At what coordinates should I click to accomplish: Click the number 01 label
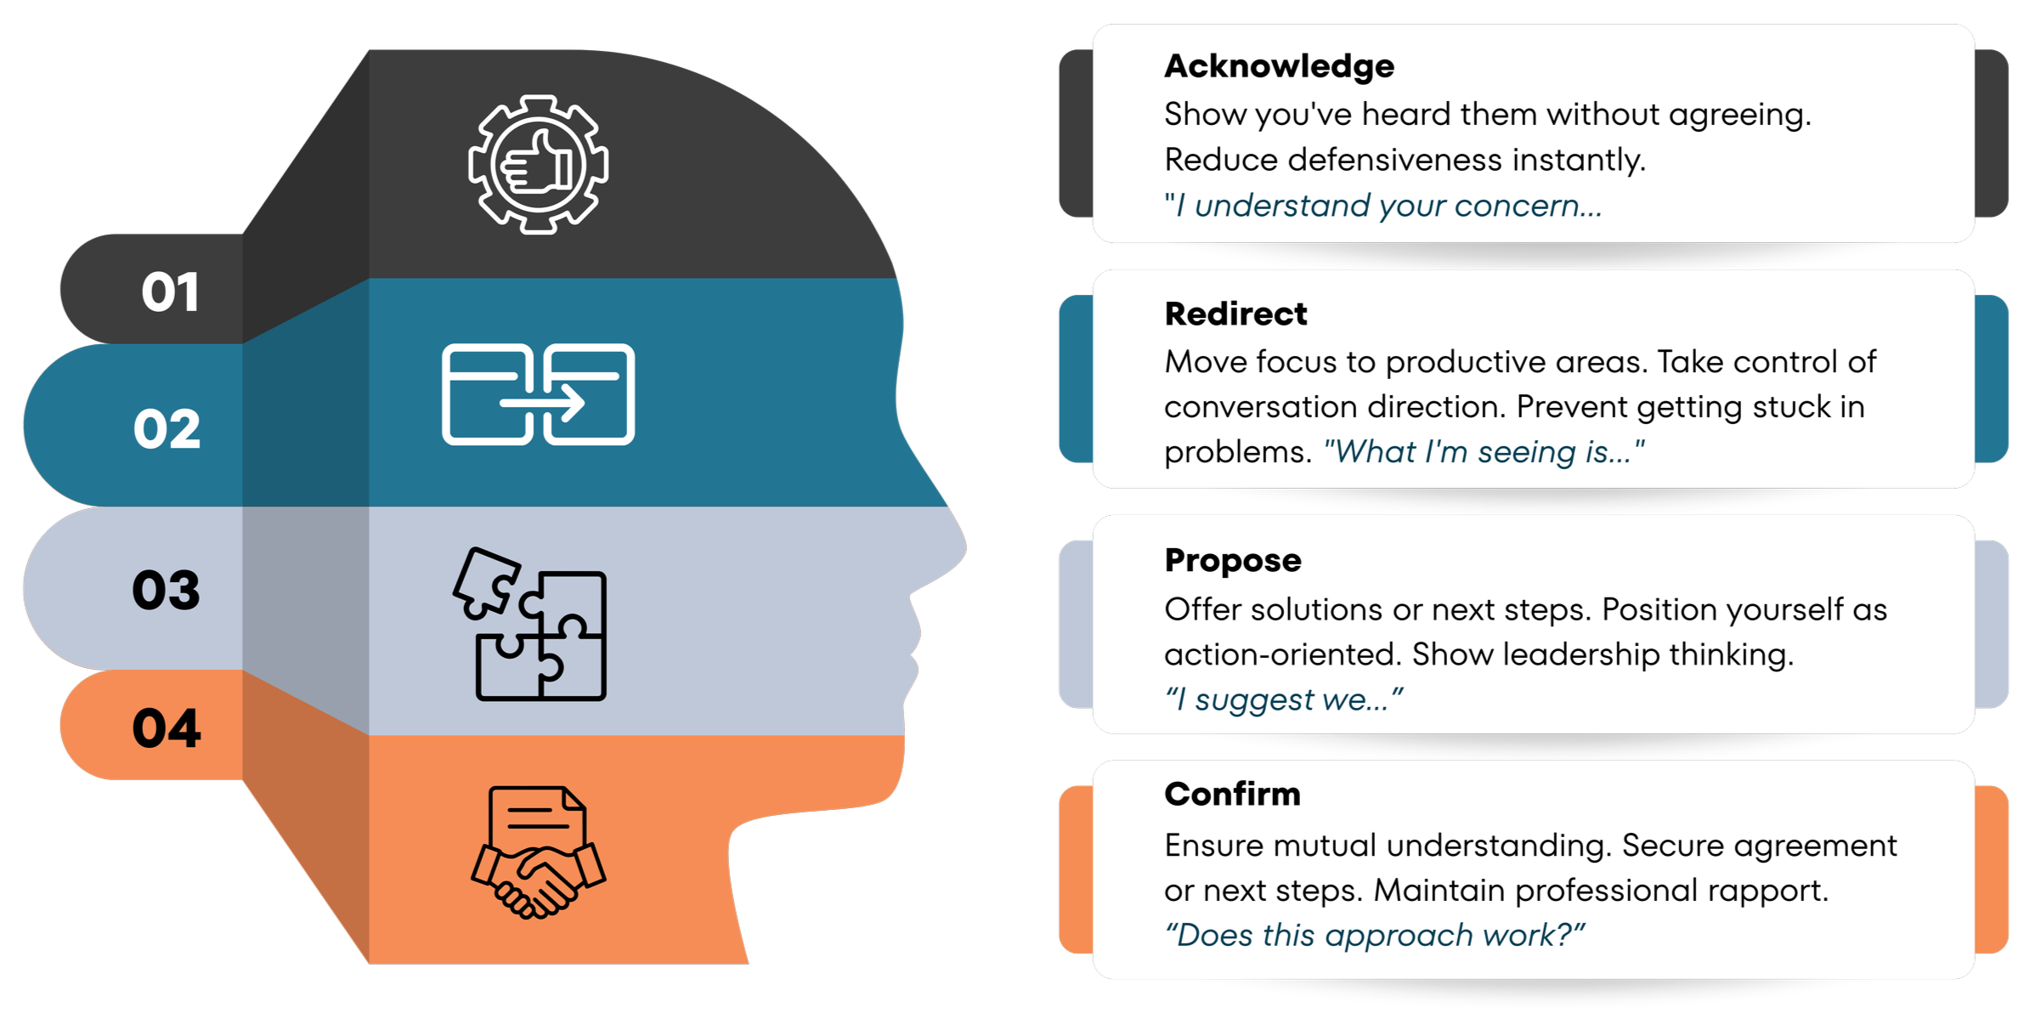(170, 292)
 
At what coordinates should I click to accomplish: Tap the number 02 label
(167, 428)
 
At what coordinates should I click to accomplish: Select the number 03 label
(166, 590)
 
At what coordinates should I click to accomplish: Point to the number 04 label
(167, 728)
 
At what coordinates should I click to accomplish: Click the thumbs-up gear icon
(538, 165)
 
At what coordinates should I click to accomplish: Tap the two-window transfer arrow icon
(538, 394)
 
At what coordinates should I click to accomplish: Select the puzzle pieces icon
(531, 625)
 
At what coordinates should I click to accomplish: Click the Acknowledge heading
(1279, 66)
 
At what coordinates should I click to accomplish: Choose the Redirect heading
(1235, 314)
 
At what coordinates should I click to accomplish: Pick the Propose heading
(1233, 561)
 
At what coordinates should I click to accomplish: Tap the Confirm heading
(1232, 795)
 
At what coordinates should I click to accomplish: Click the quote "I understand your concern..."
(1383, 206)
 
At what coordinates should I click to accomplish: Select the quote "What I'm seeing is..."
(1484, 452)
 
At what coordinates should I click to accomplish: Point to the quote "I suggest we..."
(1283, 700)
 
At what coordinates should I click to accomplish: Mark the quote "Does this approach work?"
(1375, 936)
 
